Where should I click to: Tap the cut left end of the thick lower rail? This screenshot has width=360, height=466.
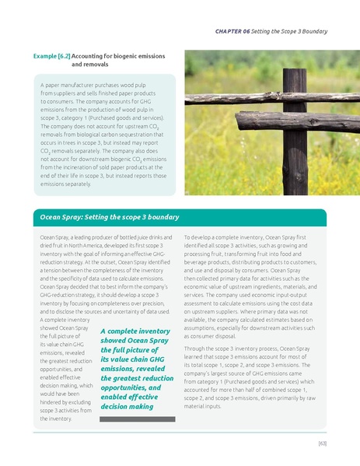pyautogui.click(x=239, y=122)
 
